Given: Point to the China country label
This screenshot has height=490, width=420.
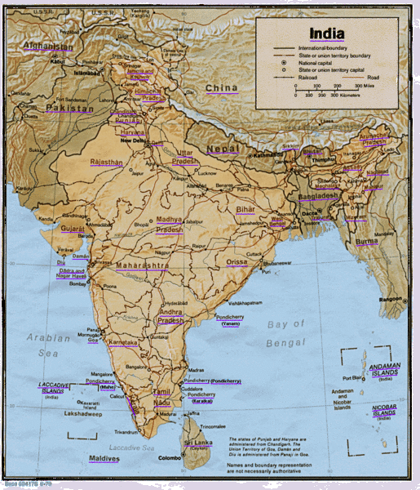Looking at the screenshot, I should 221,87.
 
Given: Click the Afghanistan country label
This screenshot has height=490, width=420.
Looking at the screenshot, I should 48,46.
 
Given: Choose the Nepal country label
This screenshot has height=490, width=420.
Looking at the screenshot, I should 222,149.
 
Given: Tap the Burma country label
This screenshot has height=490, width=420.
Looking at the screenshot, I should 365,242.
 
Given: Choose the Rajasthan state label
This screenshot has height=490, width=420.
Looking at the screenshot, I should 106,163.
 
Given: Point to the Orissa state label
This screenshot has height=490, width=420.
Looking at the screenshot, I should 237,261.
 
